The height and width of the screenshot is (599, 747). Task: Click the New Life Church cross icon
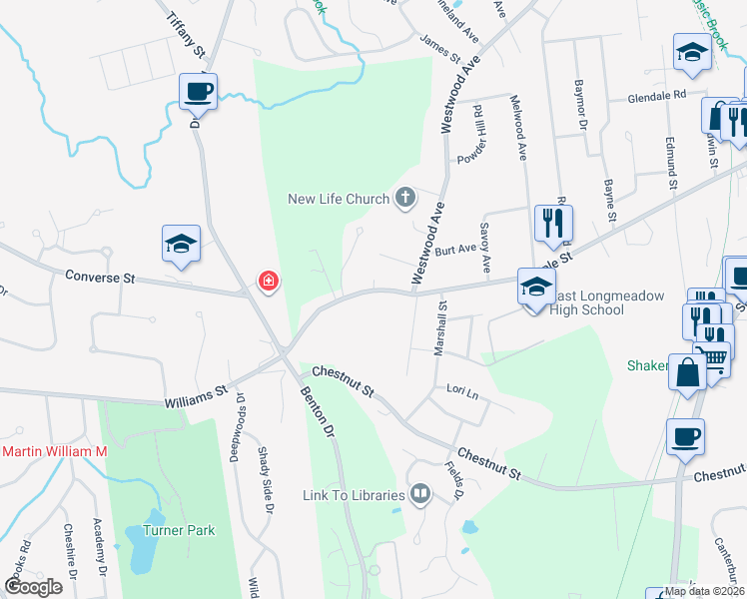(x=405, y=198)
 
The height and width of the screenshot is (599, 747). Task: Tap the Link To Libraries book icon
(x=420, y=493)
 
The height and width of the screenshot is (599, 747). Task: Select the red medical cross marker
(x=268, y=283)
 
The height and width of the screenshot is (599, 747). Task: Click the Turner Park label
(x=179, y=530)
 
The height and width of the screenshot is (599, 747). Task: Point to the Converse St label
(x=100, y=276)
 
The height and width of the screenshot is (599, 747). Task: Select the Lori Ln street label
(x=462, y=391)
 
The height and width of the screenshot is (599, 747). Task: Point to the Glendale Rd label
(x=657, y=96)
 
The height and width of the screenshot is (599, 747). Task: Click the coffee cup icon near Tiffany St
(x=198, y=92)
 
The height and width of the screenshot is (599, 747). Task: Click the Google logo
(x=32, y=587)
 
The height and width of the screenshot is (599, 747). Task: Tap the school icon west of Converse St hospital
(x=182, y=244)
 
